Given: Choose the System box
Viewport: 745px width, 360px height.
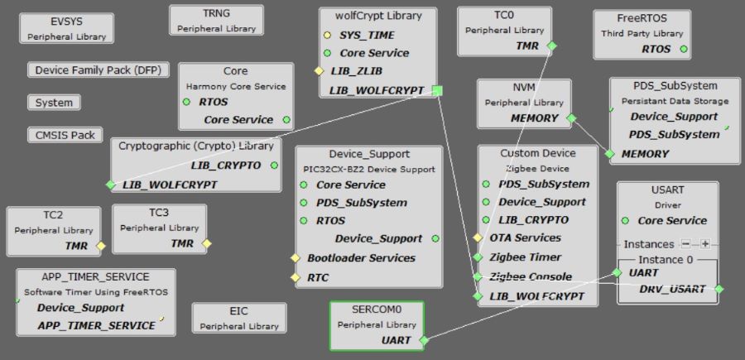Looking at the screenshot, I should (54, 103).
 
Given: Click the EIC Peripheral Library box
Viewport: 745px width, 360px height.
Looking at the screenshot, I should (239, 318).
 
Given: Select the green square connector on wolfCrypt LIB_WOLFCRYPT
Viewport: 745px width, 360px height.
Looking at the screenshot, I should (438, 90).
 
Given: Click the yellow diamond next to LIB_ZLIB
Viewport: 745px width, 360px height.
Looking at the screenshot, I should (319, 71).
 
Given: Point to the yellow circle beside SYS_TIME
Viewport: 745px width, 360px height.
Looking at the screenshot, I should (328, 35).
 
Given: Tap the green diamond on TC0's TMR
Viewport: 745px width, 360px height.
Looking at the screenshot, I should (552, 46).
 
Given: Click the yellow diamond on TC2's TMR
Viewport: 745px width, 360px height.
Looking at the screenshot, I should (101, 245).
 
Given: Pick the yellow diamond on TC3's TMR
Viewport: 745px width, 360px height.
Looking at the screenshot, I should (207, 243).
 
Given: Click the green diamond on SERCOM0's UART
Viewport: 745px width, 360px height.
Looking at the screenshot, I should (423, 340).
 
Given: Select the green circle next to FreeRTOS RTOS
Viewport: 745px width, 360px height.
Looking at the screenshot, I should (684, 49).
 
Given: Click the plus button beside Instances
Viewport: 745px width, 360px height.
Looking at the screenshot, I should (705, 244).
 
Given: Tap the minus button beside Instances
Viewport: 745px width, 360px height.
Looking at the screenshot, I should (685, 244).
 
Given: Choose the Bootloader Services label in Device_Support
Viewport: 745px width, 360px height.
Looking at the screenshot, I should (362, 257).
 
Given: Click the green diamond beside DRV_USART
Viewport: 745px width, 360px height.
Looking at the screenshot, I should (719, 289).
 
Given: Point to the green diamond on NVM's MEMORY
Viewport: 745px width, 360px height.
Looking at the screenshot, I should (570, 118).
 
